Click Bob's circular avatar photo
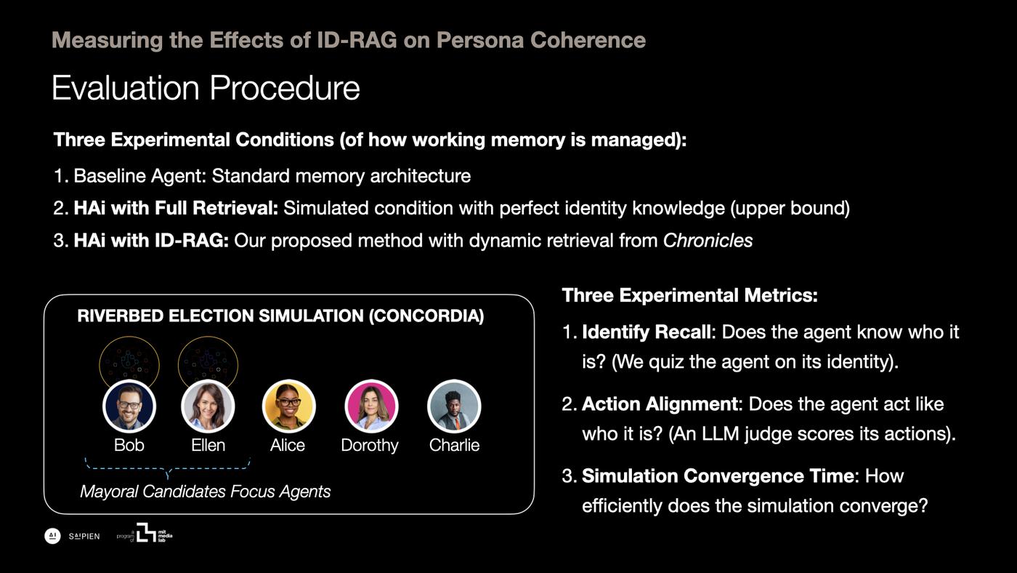[x=129, y=406]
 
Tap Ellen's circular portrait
[x=208, y=406]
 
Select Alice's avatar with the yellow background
[x=289, y=406]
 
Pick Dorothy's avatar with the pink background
[x=371, y=406]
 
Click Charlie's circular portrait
[x=454, y=406]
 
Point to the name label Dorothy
[x=370, y=445]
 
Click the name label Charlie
[x=454, y=445]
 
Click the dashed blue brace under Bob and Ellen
[x=168, y=468]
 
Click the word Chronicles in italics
[x=708, y=241]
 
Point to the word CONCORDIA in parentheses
[x=426, y=316]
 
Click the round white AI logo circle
[x=52, y=536]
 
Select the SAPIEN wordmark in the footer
[x=84, y=536]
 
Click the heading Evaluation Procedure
[x=206, y=87]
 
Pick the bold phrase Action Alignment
[x=660, y=404]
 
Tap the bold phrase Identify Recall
[x=647, y=332]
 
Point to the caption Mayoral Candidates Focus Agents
[x=205, y=492]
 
